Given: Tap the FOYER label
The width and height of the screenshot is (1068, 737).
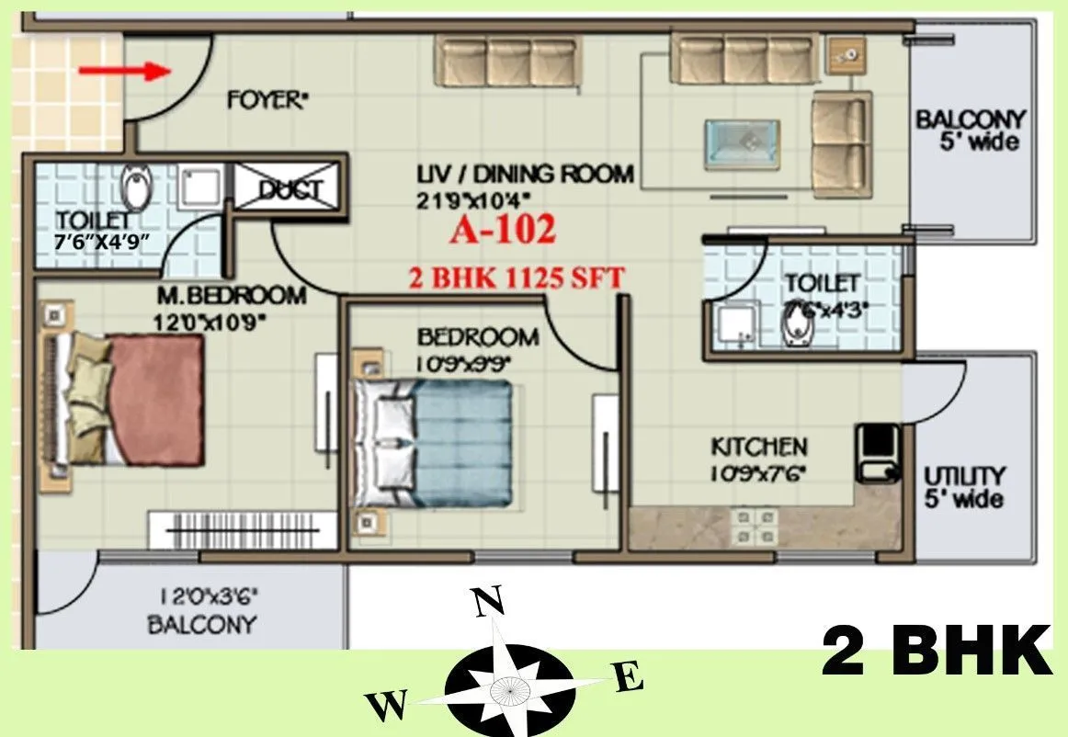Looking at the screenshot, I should point(266,100).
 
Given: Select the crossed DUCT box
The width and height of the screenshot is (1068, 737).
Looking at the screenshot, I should point(290,189).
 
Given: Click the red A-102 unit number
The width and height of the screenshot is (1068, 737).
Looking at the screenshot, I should point(503,231).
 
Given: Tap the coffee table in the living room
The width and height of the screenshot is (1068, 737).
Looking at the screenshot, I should point(742,144).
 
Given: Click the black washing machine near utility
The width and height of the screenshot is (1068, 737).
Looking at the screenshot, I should point(877,452).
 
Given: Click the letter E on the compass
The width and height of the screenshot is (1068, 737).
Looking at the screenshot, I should point(628,679).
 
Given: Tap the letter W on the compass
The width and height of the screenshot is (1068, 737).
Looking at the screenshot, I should point(387,706).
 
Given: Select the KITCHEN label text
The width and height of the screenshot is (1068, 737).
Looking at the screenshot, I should point(759,448).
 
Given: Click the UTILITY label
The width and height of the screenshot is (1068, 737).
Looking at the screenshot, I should point(964,476).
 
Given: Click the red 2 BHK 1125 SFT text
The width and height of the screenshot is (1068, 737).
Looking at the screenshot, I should point(517,277).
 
